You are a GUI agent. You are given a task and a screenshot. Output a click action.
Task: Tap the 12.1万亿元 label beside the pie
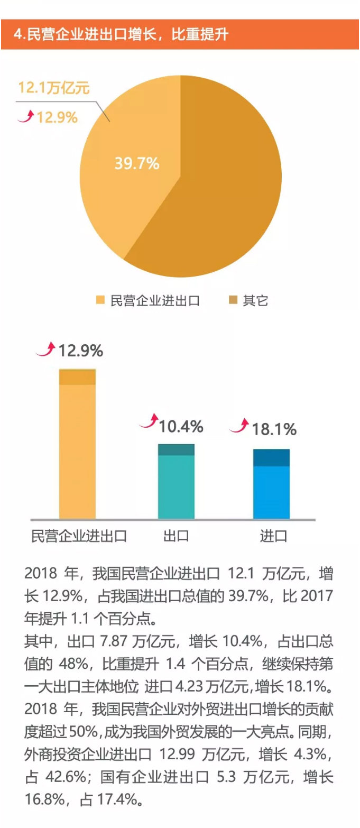tap(54, 88)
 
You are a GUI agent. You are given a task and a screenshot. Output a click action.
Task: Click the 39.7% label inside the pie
tap(137, 163)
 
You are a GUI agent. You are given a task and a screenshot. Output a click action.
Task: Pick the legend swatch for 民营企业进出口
tap(100, 301)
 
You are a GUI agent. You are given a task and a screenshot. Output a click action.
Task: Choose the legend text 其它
tap(256, 301)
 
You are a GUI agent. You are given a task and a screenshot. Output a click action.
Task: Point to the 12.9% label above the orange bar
tap(80, 351)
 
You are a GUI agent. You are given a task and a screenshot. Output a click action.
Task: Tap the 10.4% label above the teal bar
tap(181, 426)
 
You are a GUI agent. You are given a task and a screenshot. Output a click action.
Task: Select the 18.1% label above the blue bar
tap(274, 429)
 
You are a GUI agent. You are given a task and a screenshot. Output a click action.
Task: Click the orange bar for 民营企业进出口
tap(77, 444)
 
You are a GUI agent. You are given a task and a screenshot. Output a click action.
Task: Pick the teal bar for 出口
tap(176, 482)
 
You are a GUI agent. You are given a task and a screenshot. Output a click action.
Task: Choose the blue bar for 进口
tap(271, 484)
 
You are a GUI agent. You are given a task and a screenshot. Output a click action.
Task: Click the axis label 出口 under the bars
tap(176, 536)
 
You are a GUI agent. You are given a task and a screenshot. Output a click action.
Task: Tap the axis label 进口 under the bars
tap(273, 536)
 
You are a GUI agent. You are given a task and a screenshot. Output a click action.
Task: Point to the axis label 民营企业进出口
tap(79, 536)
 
